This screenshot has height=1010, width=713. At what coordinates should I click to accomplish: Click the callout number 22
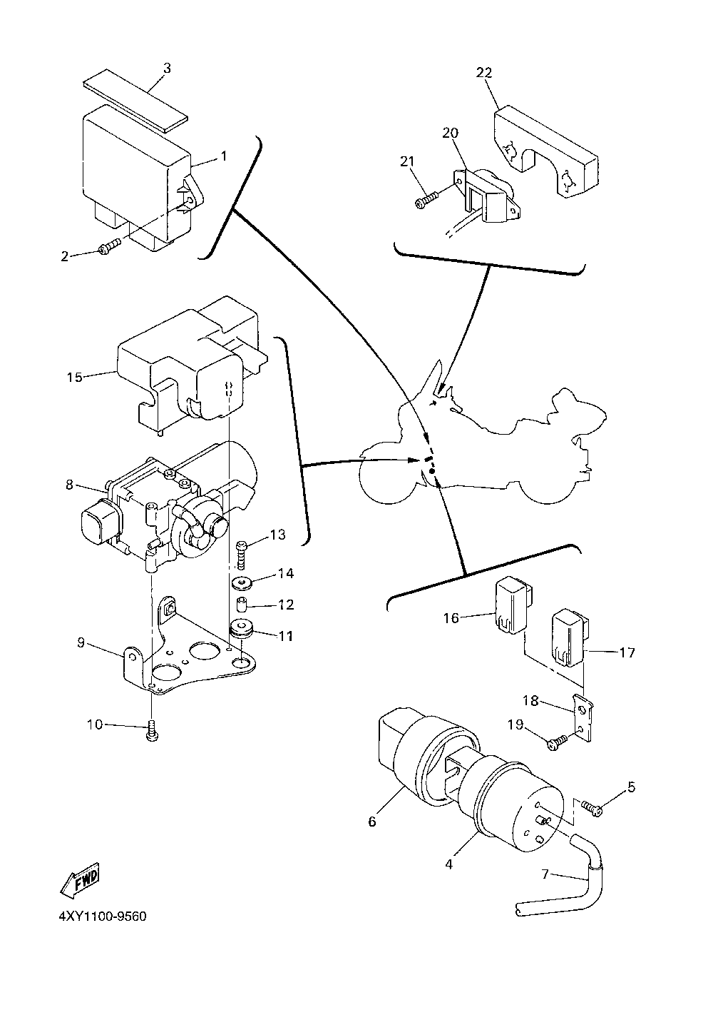click(x=484, y=73)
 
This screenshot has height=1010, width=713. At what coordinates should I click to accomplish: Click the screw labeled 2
click(x=110, y=246)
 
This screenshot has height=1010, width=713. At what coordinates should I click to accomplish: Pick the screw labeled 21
click(x=426, y=199)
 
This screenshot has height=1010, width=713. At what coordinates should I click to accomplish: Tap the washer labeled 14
click(x=244, y=583)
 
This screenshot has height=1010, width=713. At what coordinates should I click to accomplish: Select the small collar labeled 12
click(x=243, y=603)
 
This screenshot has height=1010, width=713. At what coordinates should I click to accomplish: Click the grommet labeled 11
click(x=242, y=628)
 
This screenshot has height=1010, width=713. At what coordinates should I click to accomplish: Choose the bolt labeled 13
click(x=242, y=554)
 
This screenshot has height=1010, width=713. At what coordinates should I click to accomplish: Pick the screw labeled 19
click(x=558, y=742)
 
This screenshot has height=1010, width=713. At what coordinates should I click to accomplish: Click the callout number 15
click(x=75, y=377)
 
